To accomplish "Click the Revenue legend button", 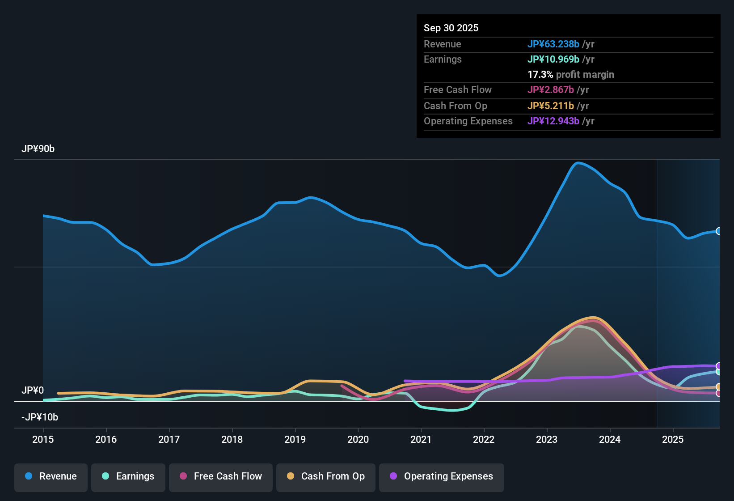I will (51, 476).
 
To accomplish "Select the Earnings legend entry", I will (128, 476).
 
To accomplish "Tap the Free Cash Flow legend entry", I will (221, 476).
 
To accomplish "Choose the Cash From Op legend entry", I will (326, 476).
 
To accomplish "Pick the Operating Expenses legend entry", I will (442, 476).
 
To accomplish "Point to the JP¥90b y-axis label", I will (38, 149).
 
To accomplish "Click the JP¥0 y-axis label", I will (33, 391).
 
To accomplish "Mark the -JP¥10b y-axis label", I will (40, 417).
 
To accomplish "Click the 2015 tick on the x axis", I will (43, 440).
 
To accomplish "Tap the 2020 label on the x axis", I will (358, 440).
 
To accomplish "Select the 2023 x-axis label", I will (547, 440).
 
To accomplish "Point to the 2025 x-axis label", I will (673, 440).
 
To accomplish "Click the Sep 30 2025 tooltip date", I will (451, 28).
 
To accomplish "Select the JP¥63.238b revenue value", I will (553, 44).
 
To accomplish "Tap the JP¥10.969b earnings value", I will (553, 59).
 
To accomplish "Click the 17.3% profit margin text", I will (571, 75).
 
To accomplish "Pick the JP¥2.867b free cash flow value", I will (551, 90).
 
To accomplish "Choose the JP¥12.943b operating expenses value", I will (553, 121).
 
